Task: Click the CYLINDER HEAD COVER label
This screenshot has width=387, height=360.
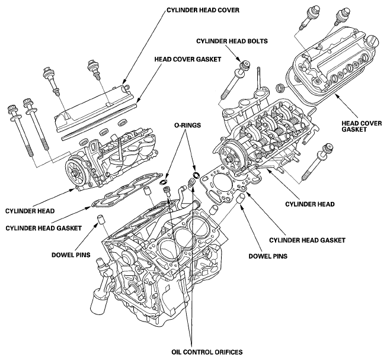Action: tap(203, 10)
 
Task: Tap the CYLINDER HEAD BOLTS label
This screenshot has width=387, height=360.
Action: tap(232, 41)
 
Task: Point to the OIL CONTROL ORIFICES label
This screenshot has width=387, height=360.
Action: tap(207, 352)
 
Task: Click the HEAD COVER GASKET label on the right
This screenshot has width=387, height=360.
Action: tap(362, 126)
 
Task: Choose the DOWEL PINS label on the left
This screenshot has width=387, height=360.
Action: tap(71, 255)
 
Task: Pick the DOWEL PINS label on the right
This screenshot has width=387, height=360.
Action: tap(268, 256)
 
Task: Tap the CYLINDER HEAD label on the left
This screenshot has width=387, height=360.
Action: tap(30, 211)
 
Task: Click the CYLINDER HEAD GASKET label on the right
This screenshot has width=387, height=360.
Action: tap(307, 240)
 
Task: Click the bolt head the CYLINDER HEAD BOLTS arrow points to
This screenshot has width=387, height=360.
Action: tap(245, 66)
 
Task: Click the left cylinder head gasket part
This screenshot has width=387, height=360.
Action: tap(127, 189)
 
